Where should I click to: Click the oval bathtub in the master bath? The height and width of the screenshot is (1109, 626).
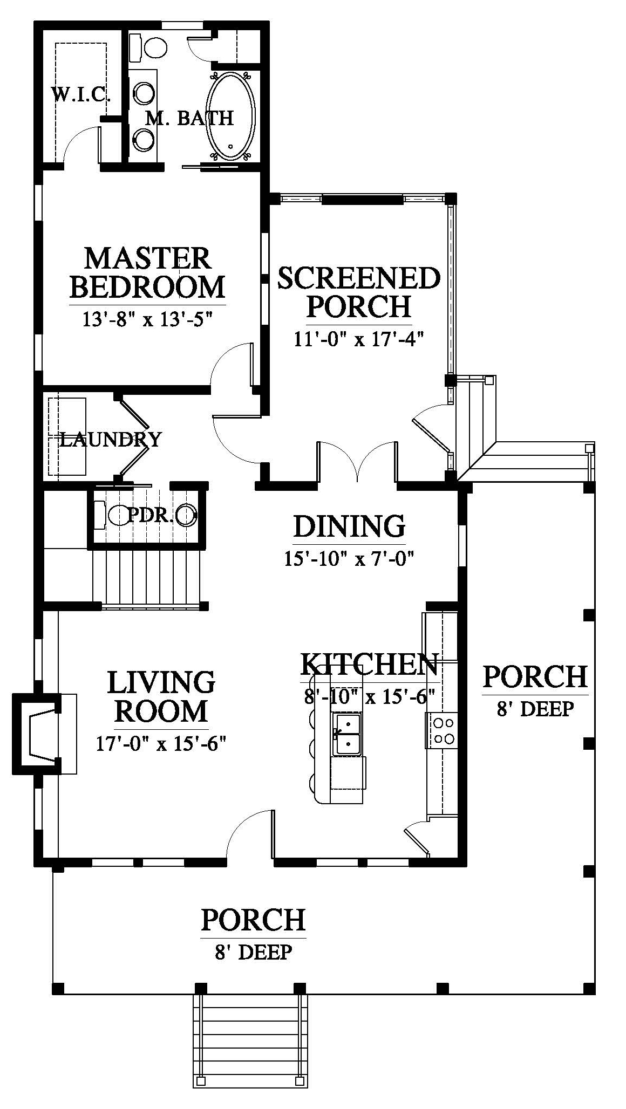pyautogui.click(x=231, y=116)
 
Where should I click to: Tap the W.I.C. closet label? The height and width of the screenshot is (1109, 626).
pyautogui.click(x=81, y=95)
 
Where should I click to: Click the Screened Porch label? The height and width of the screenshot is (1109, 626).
pyautogui.click(x=359, y=292)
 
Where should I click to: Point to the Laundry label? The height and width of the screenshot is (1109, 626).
pyautogui.click(x=110, y=440)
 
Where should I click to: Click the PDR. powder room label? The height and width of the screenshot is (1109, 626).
pyautogui.click(x=151, y=516)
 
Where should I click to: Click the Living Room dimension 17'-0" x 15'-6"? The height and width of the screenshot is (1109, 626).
pyautogui.click(x=160, y=744)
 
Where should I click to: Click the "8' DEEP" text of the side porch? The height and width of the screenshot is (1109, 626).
pyautogui.click(x=534, y=708)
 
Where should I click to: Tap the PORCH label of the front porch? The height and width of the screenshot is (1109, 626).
pyautogui.click(x=253, y=920)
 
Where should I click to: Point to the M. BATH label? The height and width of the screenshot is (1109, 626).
pyautogui.click(x=189, y=118)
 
